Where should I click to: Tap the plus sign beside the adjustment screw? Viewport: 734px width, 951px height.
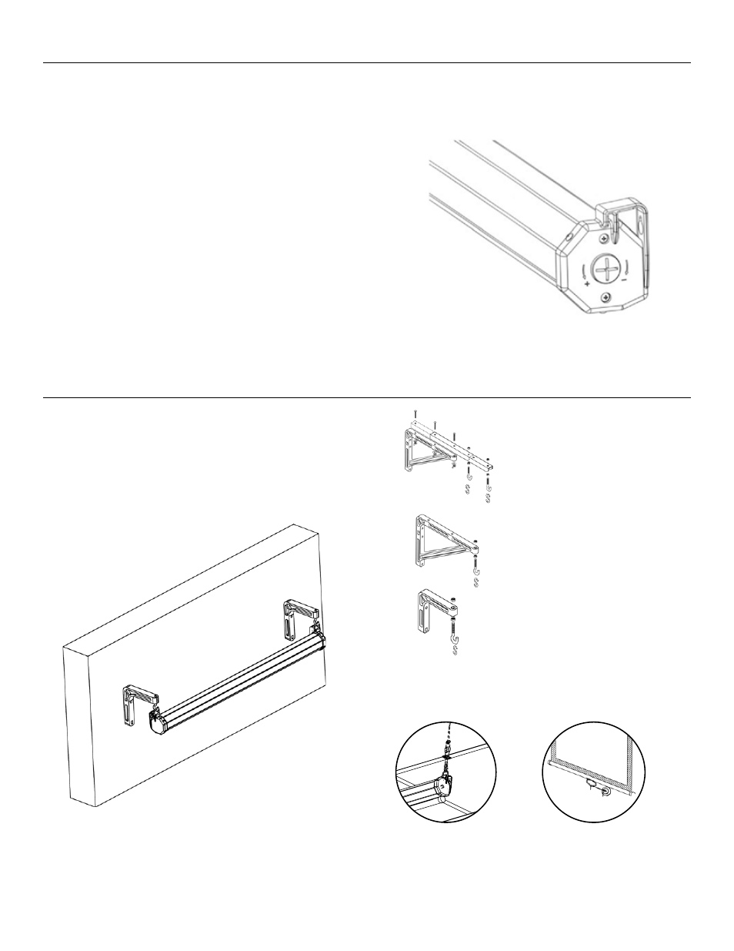tap(588, 284)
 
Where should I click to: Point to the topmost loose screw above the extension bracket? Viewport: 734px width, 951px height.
tap(415, 413)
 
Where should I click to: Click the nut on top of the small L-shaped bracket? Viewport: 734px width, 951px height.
tap(455, 601)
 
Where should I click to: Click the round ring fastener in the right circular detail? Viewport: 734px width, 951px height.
tap(605, 791)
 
